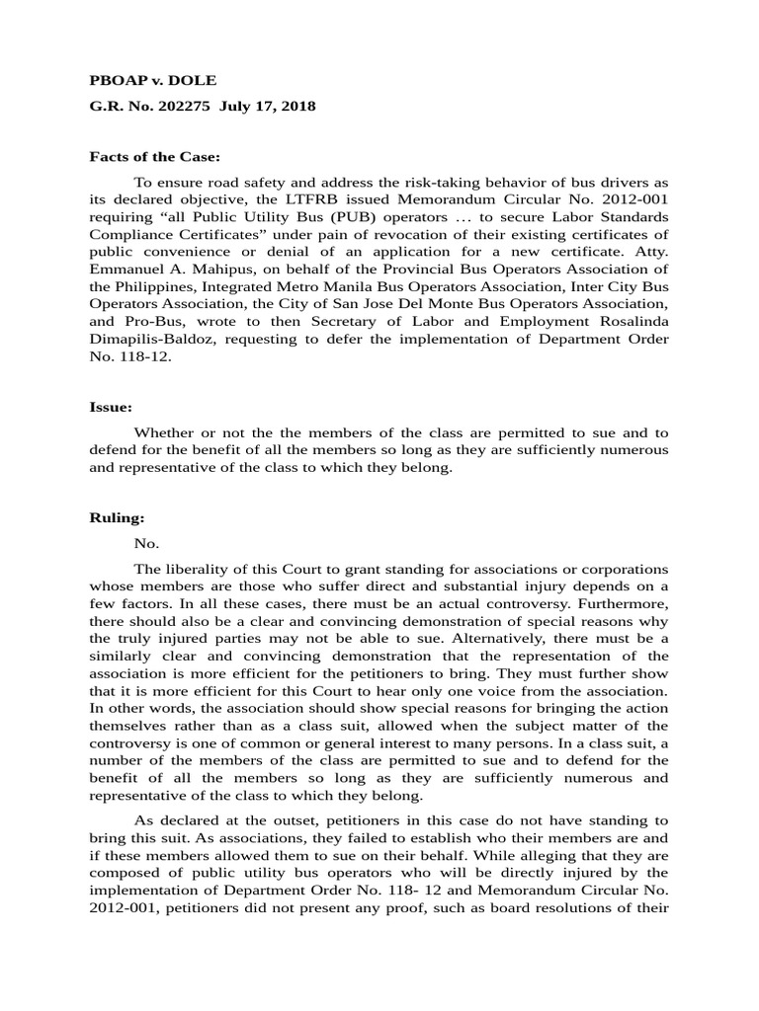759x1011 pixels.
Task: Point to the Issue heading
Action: (x=111, y=406)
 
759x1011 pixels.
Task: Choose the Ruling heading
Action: (x=118, y=517)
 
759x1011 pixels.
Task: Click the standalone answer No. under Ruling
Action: (x=145, y=543)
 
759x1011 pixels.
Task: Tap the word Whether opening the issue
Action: (x=166, y=432)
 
